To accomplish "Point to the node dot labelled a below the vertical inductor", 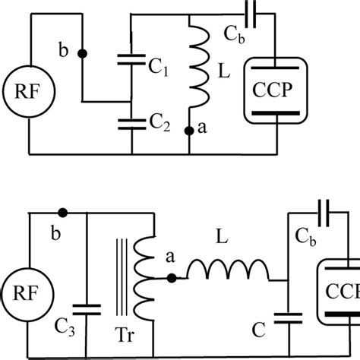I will pyautogui.click(x=188, y=131).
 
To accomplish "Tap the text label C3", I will pyautogui.click(x=65, y=328).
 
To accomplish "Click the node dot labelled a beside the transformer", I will pyautogui.click(x=172, y=279).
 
